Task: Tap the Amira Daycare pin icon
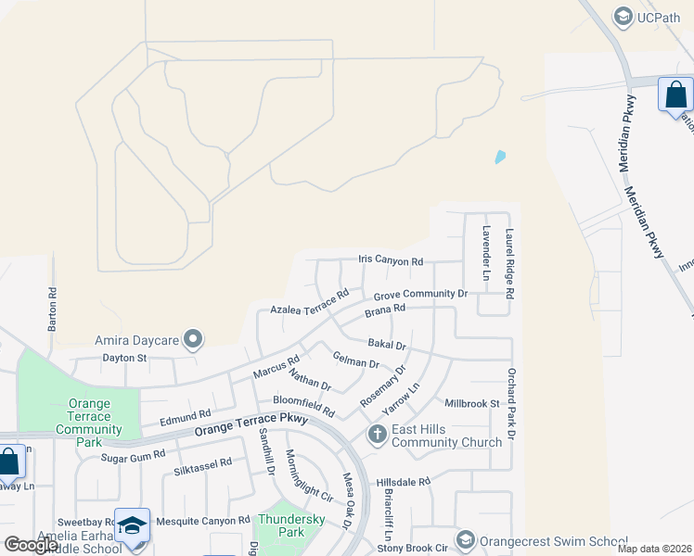pos(193,340)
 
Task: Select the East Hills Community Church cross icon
pos(377,434)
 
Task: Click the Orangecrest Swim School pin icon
pos(466,539)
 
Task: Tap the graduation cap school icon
pos(132,524)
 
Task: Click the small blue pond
pos(501,157)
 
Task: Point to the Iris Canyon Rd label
pos(391,262)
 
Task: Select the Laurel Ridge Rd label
pos(509,264)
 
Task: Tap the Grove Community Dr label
pos(420,294)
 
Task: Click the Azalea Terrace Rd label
pos(309,301)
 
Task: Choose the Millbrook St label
pos(472,404)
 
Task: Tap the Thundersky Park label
pos(281,525)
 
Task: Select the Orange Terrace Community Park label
pos(89,423)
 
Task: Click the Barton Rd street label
pos(53,309)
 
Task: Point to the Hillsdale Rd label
pos(404,483)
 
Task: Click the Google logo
pos(31,545)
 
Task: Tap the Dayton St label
pos(124,357)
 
